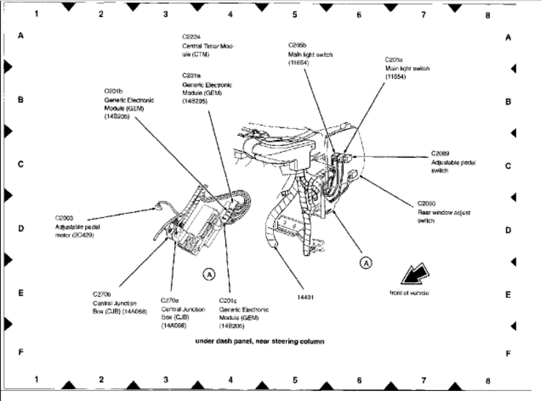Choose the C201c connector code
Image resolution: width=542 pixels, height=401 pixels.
point(228,300)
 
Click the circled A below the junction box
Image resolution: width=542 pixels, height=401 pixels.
point(208,274)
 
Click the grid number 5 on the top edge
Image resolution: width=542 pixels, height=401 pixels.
point(294,14)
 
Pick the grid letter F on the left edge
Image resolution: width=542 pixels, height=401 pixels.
point(21,352)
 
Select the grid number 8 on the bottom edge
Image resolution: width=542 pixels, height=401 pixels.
point(487,380)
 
